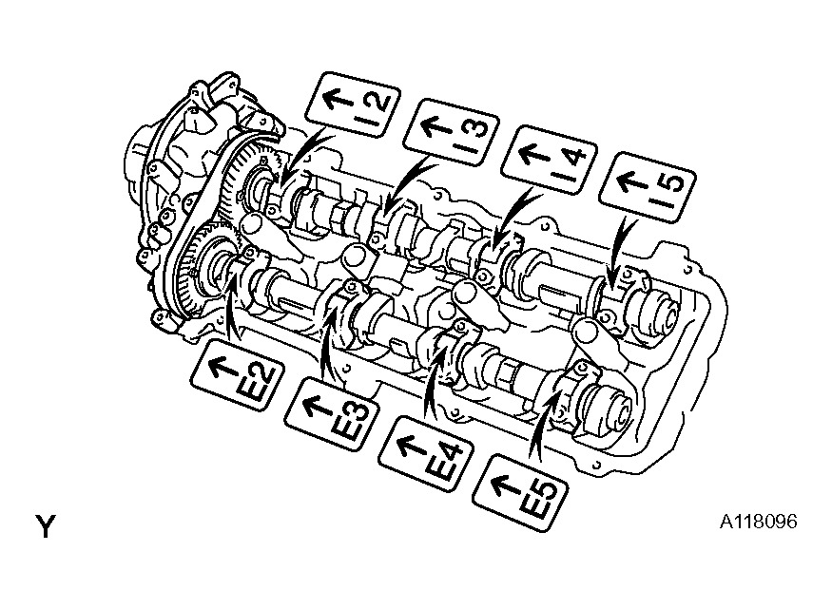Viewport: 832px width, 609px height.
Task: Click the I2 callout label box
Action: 353,105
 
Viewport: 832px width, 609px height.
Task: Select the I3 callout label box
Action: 451,132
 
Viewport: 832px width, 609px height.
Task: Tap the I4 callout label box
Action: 549,159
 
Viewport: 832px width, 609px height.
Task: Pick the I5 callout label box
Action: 648,186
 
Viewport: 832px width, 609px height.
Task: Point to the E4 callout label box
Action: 426,454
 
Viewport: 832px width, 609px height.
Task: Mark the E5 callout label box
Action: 520,492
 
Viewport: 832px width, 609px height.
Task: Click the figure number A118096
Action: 758,522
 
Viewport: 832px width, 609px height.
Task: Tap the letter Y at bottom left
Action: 46,526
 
